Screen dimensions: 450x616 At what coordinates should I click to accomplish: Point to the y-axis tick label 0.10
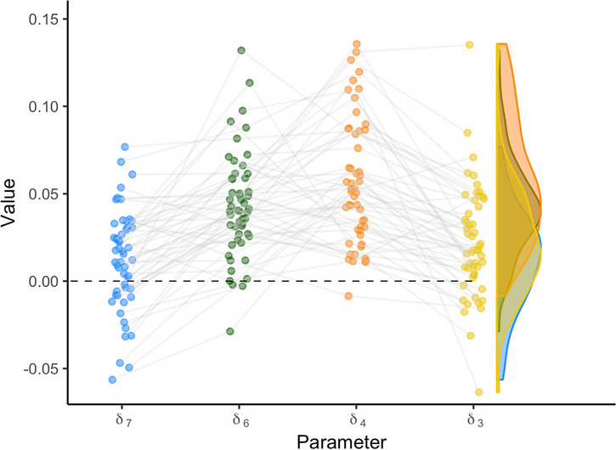coord(43,107)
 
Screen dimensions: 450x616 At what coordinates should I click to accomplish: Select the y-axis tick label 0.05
coord(43,194)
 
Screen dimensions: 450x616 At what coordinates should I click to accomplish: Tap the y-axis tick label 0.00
coord(43,281)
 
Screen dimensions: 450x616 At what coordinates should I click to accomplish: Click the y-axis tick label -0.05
coord(41,368)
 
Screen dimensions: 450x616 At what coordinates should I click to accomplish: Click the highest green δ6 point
coord(241,51)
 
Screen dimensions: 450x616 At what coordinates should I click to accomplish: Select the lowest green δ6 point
coord(230,331)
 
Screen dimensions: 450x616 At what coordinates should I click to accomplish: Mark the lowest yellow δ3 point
coord(479,392)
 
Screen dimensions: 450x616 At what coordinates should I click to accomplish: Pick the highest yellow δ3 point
coord(469,45)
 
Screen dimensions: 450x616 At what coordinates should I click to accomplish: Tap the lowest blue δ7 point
coord(112,380)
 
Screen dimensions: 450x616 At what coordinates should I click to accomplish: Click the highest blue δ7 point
coord(125,147)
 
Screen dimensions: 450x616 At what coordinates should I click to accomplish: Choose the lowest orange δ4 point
coord(348,296)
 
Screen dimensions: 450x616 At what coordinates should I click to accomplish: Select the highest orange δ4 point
coord(357,44)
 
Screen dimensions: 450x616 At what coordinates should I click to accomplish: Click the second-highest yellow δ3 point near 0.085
coord(467,132)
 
